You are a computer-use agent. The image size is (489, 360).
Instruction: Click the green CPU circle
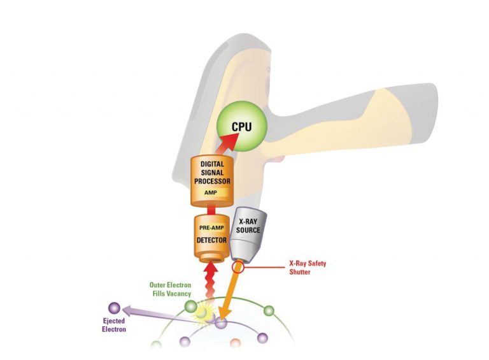[241, 127]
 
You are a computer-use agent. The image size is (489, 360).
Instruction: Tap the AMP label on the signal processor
[213, 191]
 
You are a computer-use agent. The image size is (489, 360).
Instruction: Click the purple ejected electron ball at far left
[115, 308]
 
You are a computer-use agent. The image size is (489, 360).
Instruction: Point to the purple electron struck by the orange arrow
[221, 323]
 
